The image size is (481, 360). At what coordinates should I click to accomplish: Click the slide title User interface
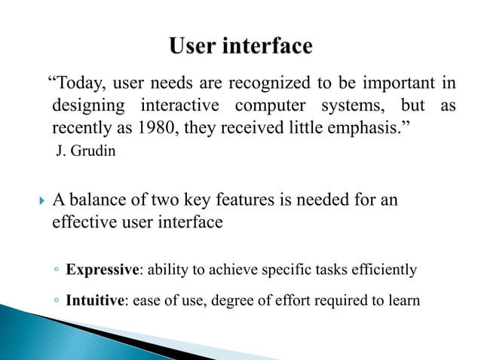point(240,47)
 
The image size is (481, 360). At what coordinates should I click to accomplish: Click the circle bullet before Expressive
point(57,270)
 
